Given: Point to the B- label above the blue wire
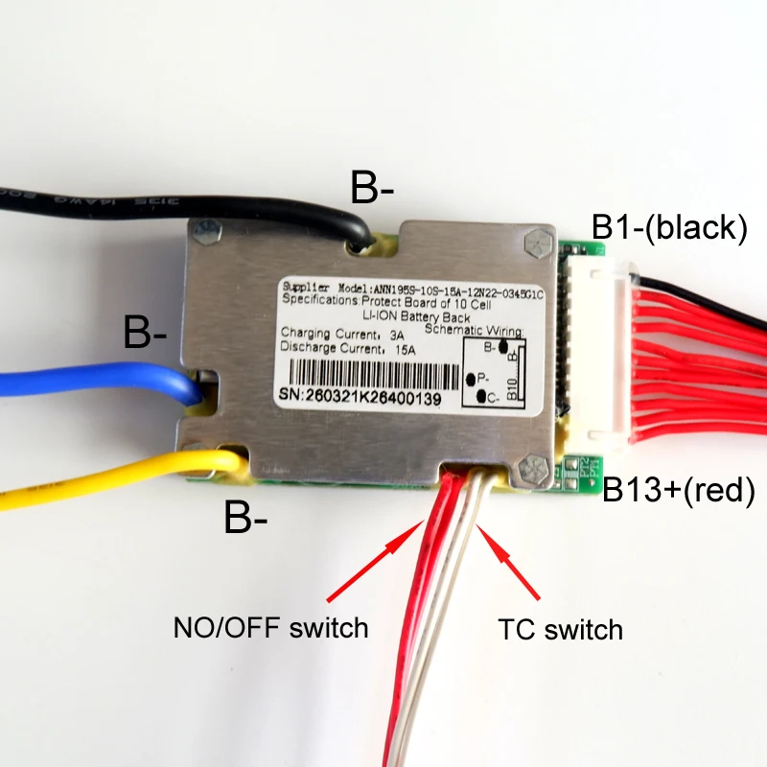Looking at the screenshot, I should pyautogui.click(x=145, y=333).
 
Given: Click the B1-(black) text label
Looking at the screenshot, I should pyautogui.click(x=668, y=227).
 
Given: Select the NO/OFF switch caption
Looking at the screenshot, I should pyautogui.click(x=270, y=628).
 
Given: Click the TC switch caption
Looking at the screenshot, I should pyautogui.click(x=561, y=630).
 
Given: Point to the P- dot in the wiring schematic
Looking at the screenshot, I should pyautogui.click(x=470, y=380).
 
